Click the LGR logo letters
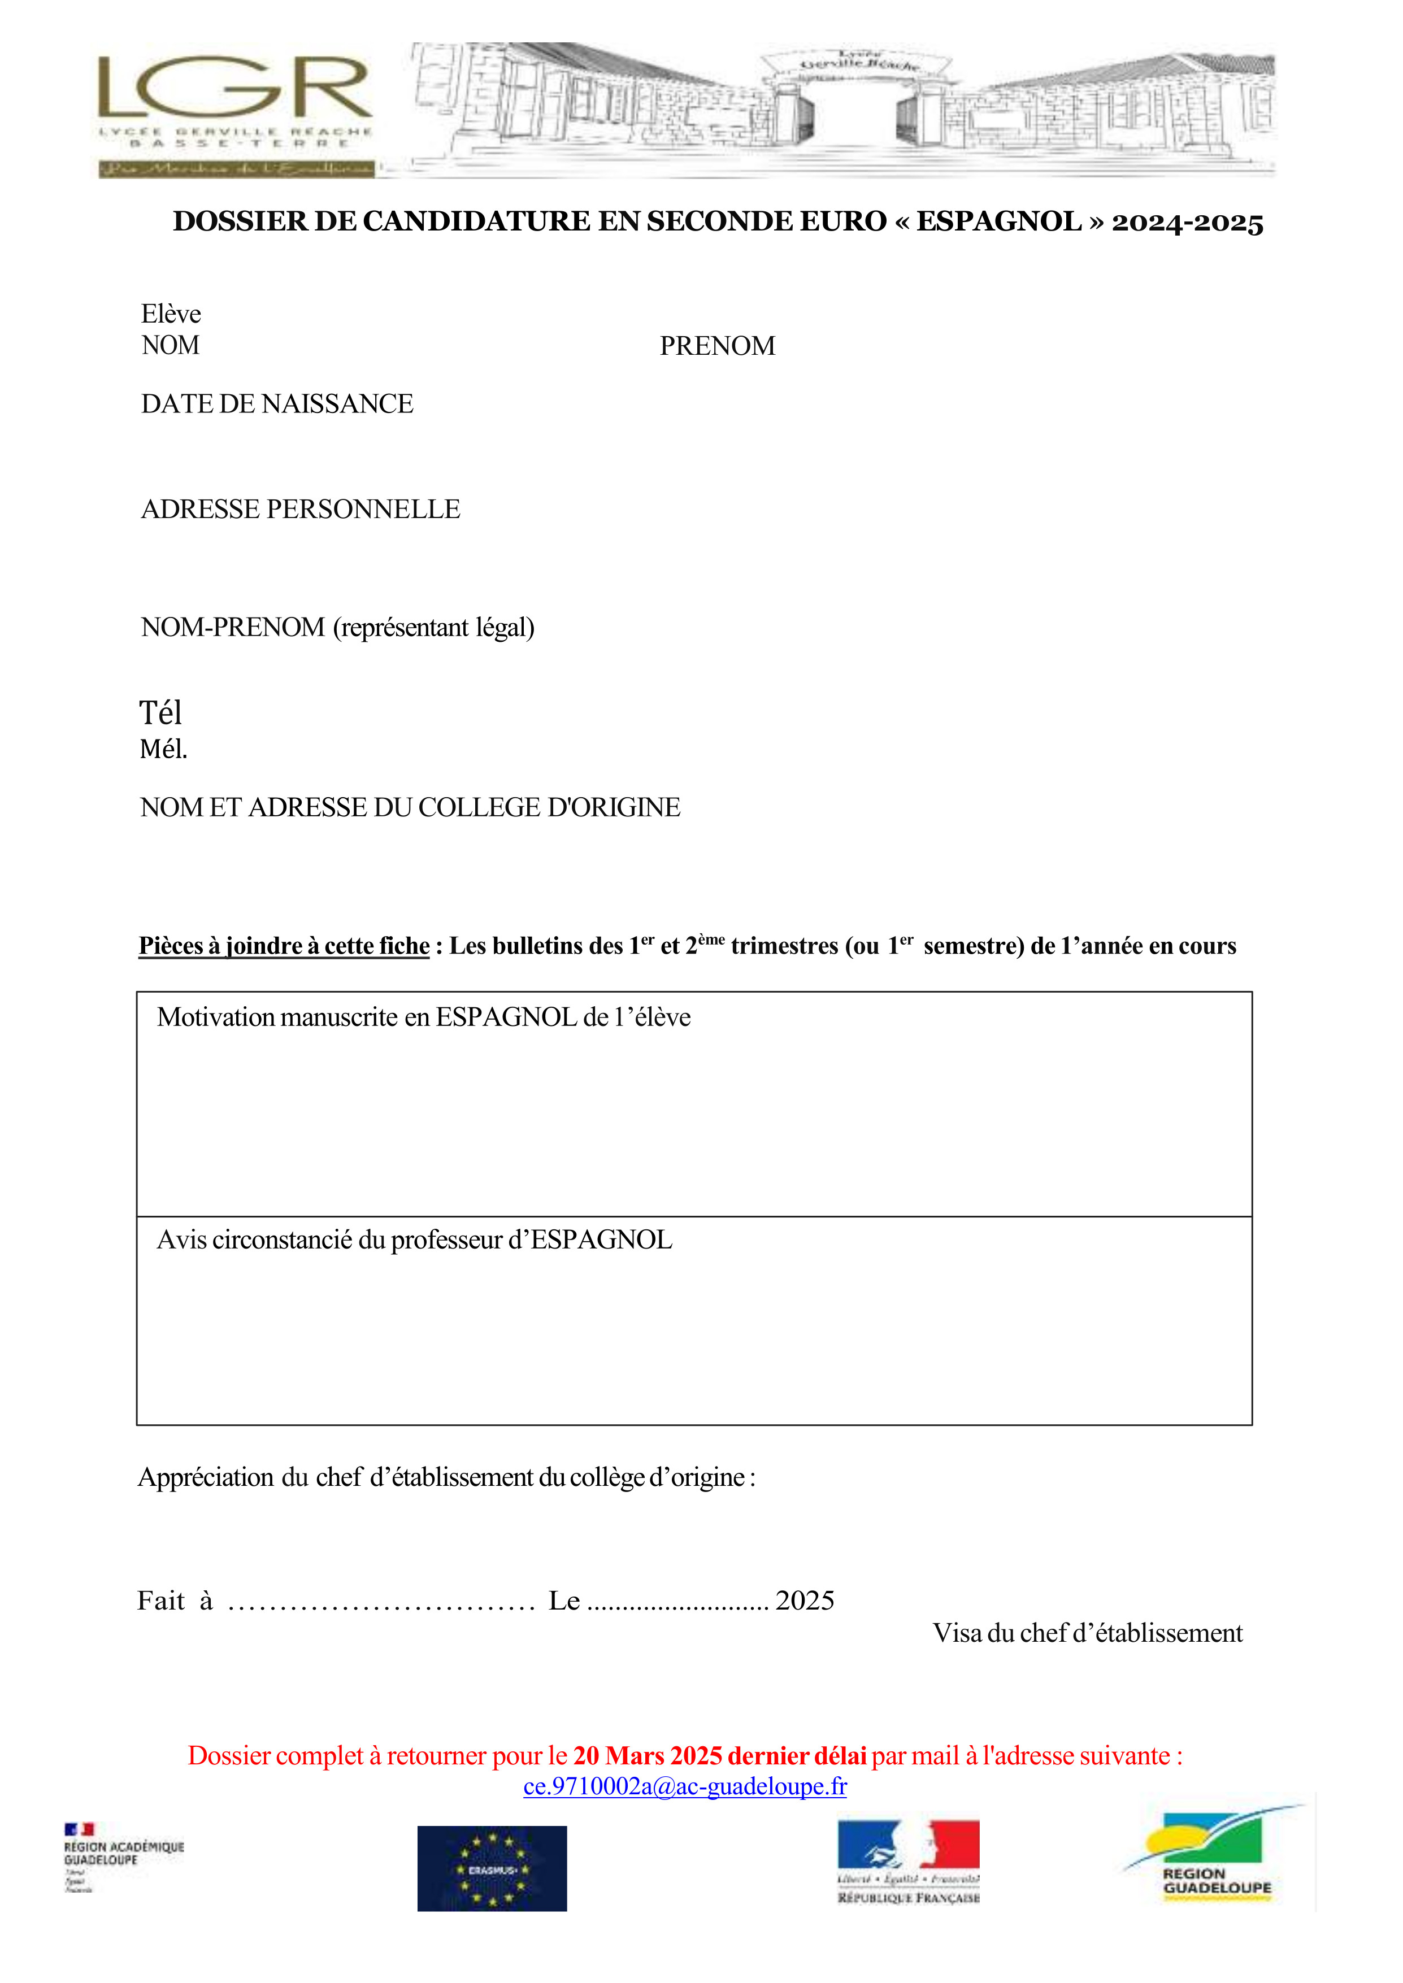tap(235, 88)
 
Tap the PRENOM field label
tap(717, 346)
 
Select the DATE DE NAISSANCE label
tap(277, 404)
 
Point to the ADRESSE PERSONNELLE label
tap(301, 510)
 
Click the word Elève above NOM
tap(171, 314)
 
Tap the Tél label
tap(160, 714)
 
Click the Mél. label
tap(163, 750)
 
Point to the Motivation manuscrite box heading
tap(423, 1017)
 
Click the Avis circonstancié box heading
tap(414, 1240)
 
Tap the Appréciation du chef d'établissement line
tap(446, 1478)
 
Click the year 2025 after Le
tap(804, 1601)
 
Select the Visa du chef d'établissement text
tap(1087, 1633)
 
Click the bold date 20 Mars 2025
tap(648, 1756)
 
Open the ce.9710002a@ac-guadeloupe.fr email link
tap(685, 1786)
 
